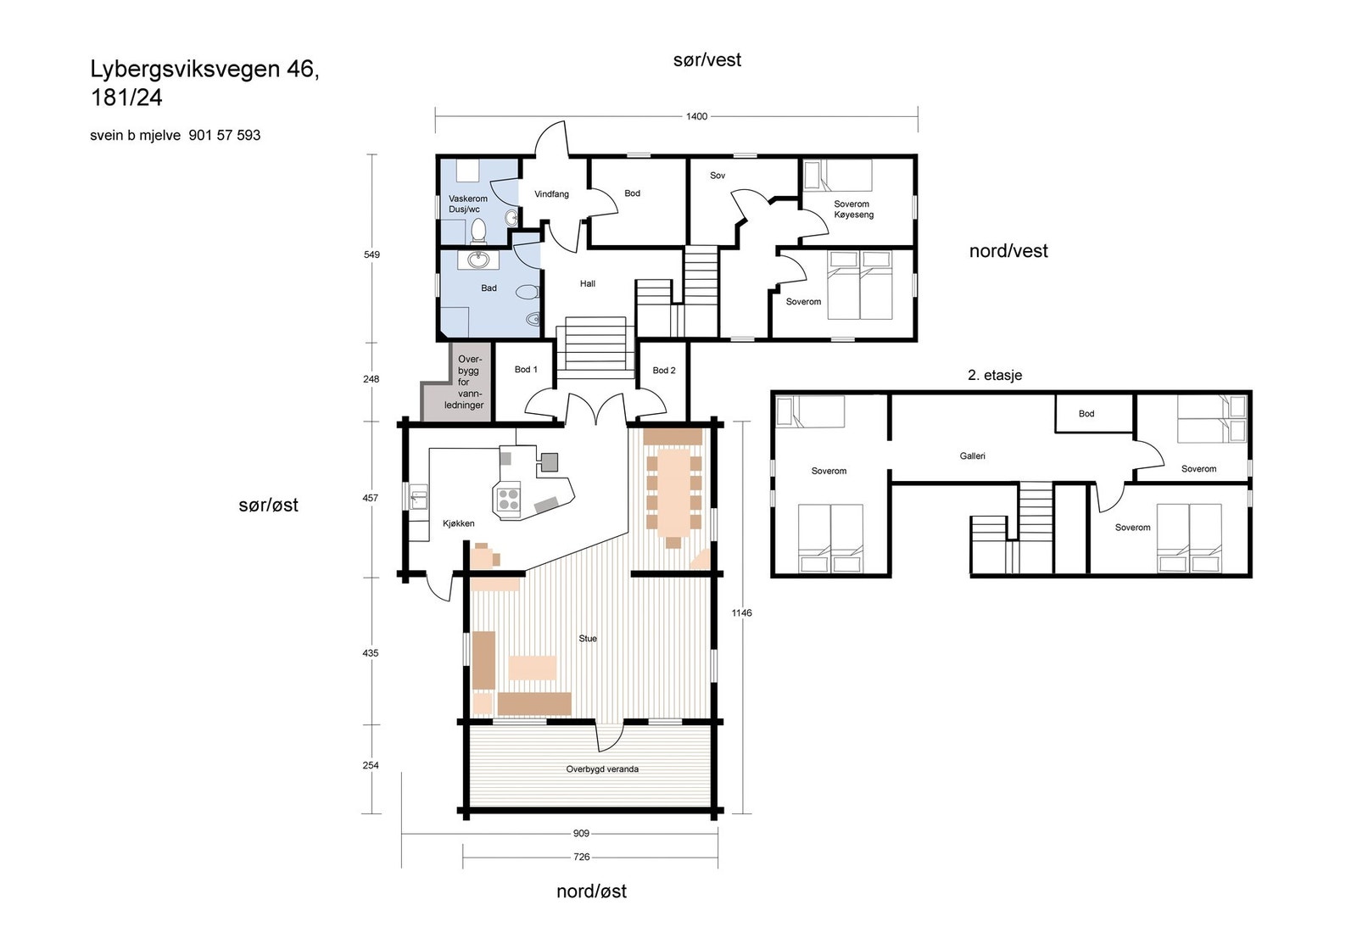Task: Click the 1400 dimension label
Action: [x=696, y=116]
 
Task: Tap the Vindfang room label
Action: [x=551, y=194]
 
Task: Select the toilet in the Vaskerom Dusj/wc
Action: [x=478, y=231]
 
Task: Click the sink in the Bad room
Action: [x=478, y=260]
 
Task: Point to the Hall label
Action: [x=587, y=283]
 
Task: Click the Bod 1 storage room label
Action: [x=525, y=369]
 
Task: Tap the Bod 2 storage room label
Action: [x=663, y=370]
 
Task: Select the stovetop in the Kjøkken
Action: [x=508, y=500]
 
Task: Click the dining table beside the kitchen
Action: [x=673, y=491]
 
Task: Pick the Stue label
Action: [x=588, y=638]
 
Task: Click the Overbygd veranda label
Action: [x=601, y=768]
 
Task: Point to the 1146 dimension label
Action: [x=741, y=612]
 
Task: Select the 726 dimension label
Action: [x=581, y=857]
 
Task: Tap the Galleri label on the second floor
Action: [x=972, y=455]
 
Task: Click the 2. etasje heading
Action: [x=994, y=375]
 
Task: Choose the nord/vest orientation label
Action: [x=1008, y=251]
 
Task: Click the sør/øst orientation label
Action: [x=268, y=505]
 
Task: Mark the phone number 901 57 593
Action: [x=224, y=135]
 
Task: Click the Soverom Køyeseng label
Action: [x=853, y=209]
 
